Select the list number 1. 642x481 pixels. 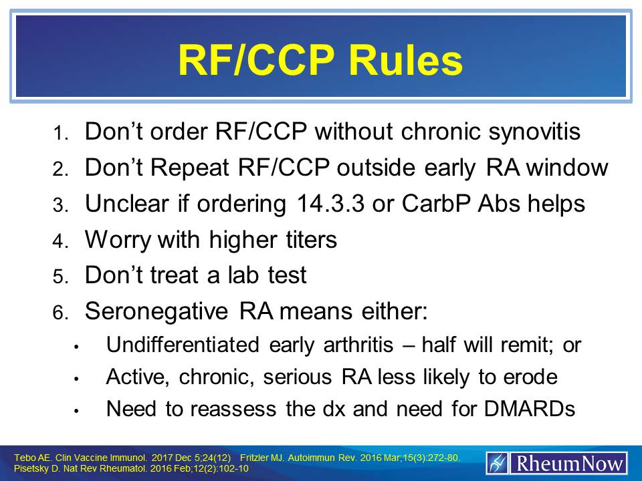coord(60,134)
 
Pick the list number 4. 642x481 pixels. coord(60,243)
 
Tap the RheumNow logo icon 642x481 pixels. coord(497,463)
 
